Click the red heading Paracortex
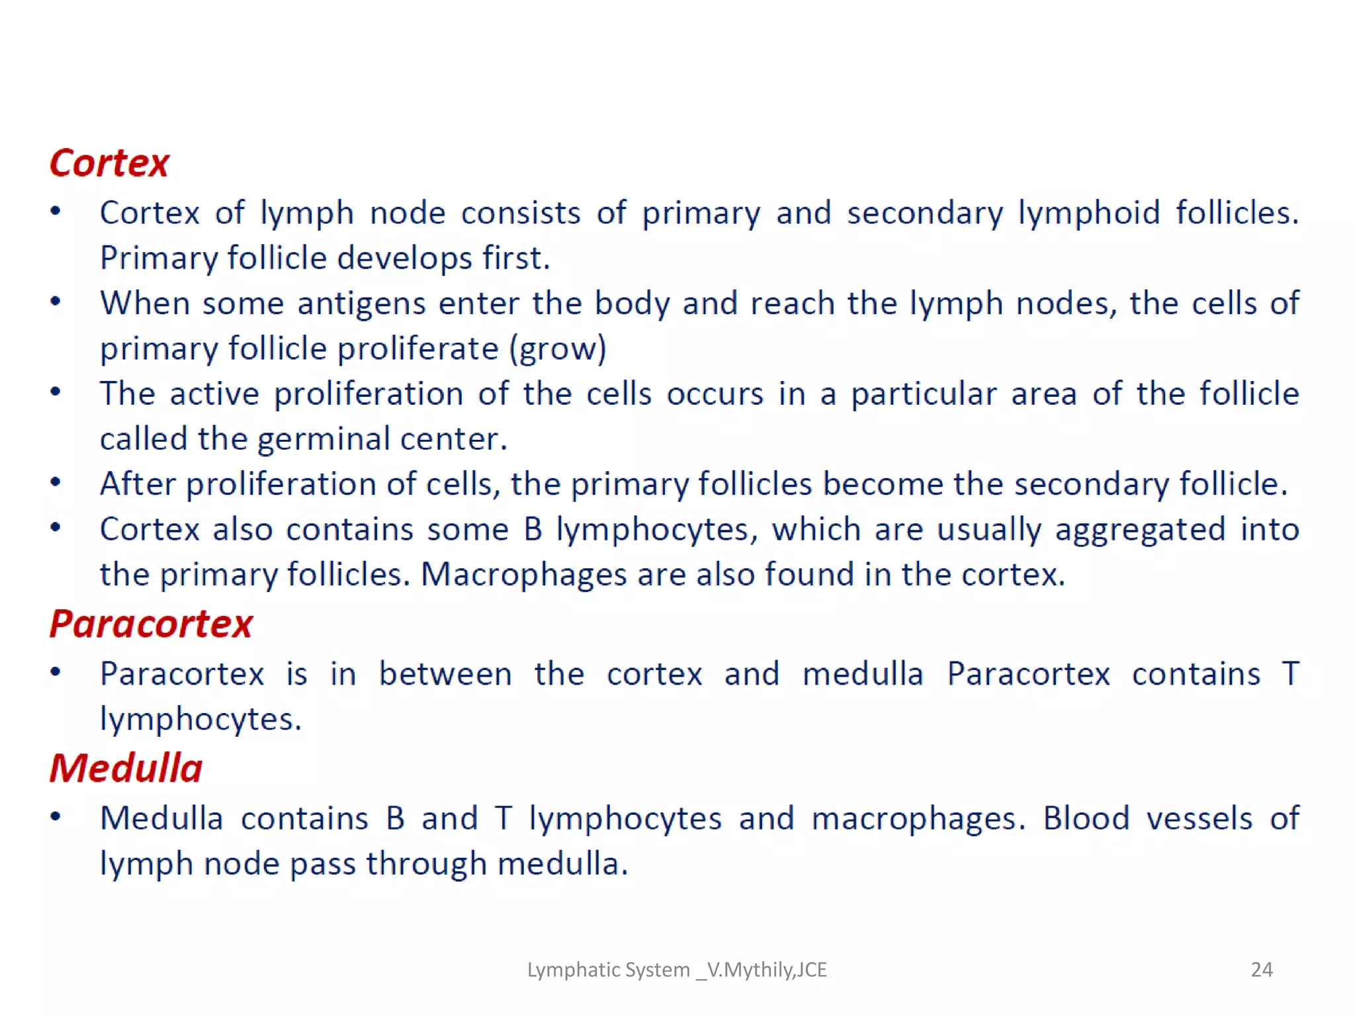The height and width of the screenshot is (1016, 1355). (151, 624)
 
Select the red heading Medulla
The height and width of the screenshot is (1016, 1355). (126, 769)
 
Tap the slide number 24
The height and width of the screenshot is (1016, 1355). (1261, 970)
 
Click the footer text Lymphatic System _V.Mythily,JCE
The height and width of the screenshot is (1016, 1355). (676, 970)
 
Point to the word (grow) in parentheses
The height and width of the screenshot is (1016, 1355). (557, 349)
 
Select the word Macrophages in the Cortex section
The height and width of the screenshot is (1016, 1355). (523, 574)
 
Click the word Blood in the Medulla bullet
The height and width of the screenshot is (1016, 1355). (1086, 819)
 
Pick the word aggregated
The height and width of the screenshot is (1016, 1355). (1139, 530)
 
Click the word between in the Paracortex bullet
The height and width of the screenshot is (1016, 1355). (445, 674)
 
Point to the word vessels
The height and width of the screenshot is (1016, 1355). (1199, 819)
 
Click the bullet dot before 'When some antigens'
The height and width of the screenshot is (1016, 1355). (56, 302)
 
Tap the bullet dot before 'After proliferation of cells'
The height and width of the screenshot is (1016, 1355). (56, 483)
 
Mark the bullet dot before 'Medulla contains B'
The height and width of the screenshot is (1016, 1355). (56, 818)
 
